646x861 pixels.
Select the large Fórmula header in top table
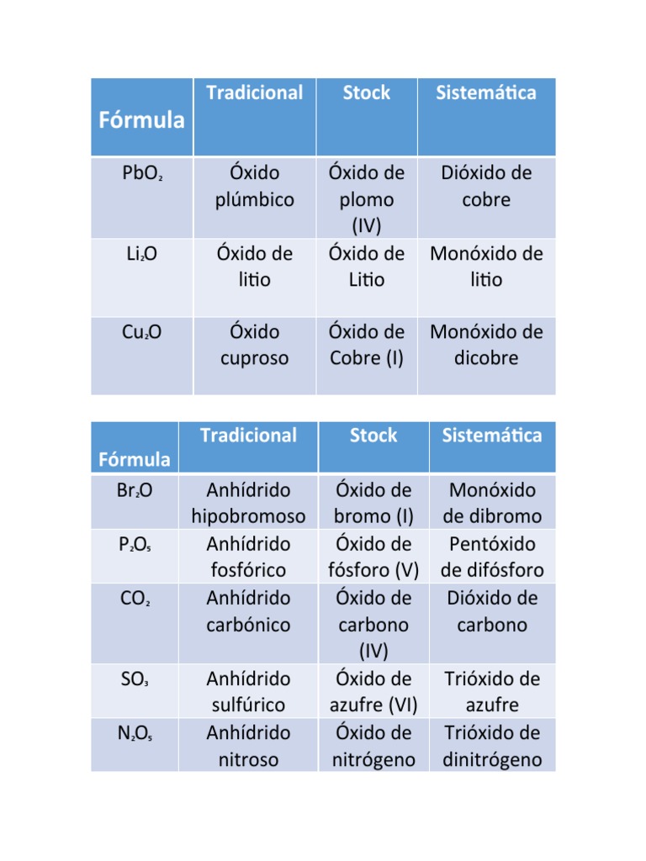click(x=141, y=119)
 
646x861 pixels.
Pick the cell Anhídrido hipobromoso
click(x=248, y=503)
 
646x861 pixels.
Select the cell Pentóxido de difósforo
click(x=492, y=557)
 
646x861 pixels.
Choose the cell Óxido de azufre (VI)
click(x=373, y=691)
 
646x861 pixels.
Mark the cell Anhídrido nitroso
click(x=248, y=746)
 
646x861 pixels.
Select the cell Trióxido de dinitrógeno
click(x=492, y=746)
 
